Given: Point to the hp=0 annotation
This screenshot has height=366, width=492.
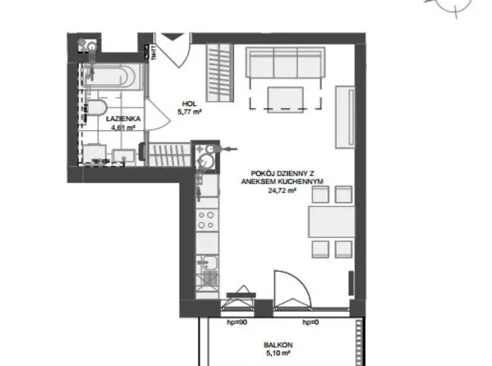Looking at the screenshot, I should click(x=309, y=324).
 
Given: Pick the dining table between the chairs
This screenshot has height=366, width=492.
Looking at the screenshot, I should click(x=331, y=221).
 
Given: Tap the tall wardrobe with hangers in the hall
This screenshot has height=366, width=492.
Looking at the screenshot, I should click(x=219, y=73).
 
